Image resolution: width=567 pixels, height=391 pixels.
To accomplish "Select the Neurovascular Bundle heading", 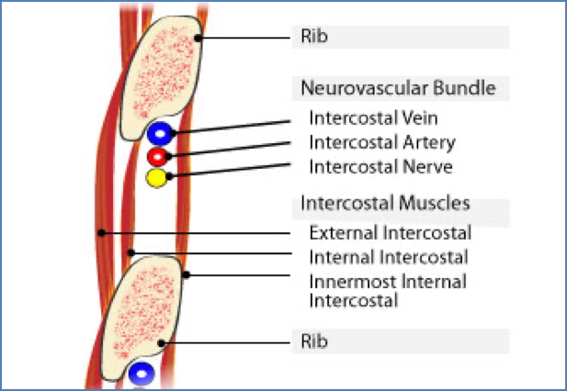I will click(x=397, y=89).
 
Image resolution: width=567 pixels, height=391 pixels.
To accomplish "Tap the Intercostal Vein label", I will click(x=374, y=119).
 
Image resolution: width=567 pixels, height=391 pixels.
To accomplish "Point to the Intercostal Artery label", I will click(x=381, y=142).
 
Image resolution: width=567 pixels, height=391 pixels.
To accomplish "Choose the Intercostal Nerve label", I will click(x=380, y=166).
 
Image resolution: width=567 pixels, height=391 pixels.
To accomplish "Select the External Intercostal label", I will click(x=390, y=233).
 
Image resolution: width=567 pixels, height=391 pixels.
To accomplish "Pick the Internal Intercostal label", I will click(x=388, y=258).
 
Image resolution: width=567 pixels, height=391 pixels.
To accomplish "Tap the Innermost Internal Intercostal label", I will click(x=387, y=290).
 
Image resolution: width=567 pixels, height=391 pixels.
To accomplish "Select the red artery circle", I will click(x=157, y=156).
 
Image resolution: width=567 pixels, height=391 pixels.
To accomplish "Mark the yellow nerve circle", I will click(x=157, y=177).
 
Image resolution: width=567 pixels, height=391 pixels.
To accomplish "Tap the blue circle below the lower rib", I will click(x=141, y=374).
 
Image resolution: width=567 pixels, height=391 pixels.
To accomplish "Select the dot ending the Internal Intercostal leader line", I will click(x=131, y=252).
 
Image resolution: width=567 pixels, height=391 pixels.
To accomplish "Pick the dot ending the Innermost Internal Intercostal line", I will click(x=187, y=274).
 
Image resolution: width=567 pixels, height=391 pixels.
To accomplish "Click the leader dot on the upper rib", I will click(x=198, y=38).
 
